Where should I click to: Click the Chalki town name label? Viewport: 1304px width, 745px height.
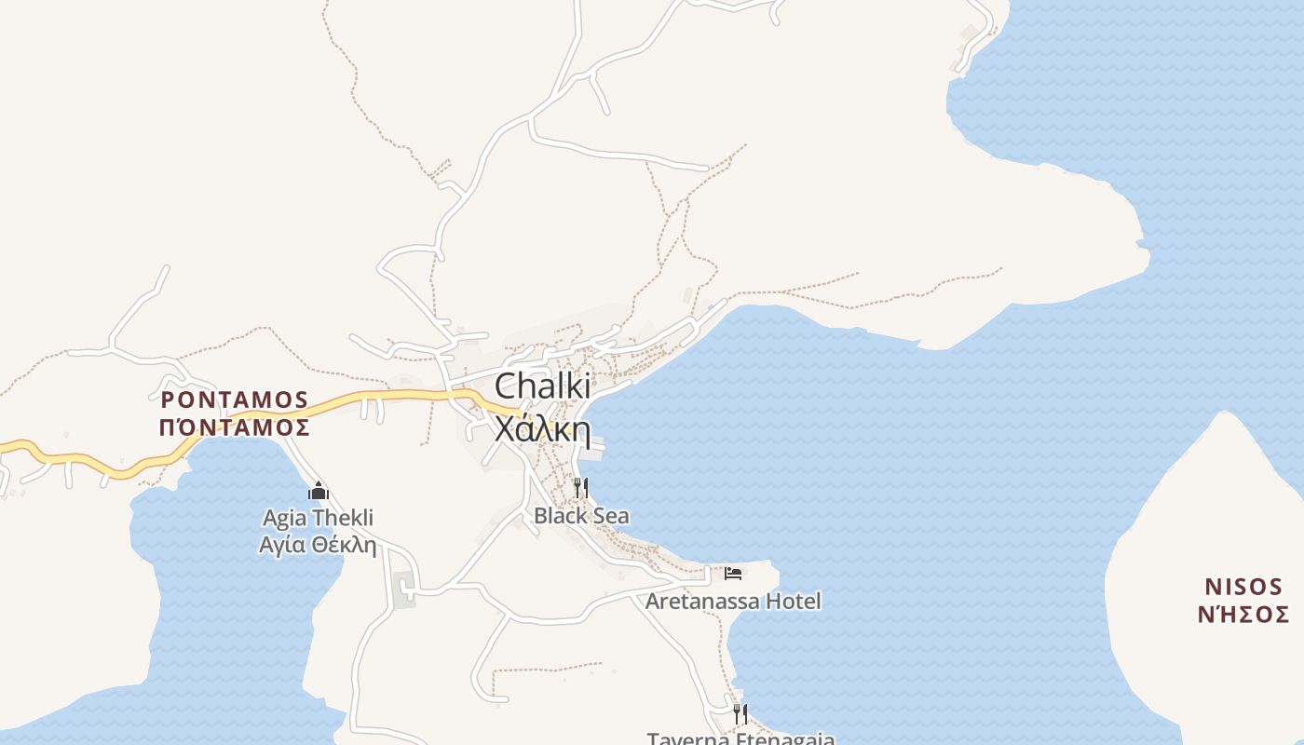coord(542,386)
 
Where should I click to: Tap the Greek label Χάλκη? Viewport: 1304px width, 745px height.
coord(542,429)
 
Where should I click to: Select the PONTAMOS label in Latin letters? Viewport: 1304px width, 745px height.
coord(235,400)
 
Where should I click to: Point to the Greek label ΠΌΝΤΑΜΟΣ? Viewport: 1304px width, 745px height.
coord(235,427)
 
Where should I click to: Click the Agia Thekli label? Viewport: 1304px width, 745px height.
coord(318,518)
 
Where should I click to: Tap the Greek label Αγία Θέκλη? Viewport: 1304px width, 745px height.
coord(318,545)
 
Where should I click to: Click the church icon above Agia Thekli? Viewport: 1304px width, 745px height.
coord(319,491)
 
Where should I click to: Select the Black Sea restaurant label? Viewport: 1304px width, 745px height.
coord(581,516)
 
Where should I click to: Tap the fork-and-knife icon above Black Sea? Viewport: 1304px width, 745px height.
coord(581,487)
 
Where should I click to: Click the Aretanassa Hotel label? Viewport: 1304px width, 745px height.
coord(733,602)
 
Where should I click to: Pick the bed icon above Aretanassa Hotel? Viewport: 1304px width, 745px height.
coord(733,573)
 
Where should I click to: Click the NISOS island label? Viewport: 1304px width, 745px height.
coord(1243,587)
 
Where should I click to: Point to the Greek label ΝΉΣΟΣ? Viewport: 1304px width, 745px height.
coord(1243,615)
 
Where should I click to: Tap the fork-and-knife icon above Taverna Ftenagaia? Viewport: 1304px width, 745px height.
coord(740,713)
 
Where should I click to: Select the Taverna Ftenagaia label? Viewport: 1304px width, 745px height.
coord(740,738)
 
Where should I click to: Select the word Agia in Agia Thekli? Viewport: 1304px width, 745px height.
coord(284,518)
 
